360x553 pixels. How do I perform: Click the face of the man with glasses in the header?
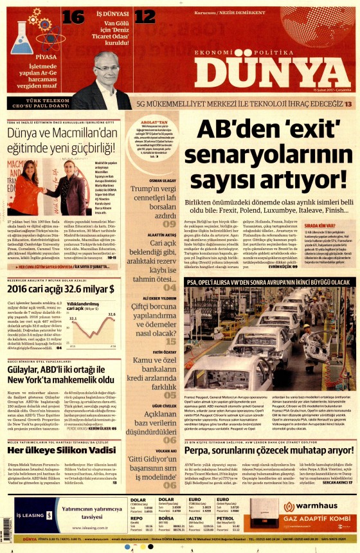pyautogui.click(x=105, y=64)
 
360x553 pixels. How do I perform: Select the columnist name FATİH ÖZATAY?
pyautogui.click(x=163, y=352)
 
